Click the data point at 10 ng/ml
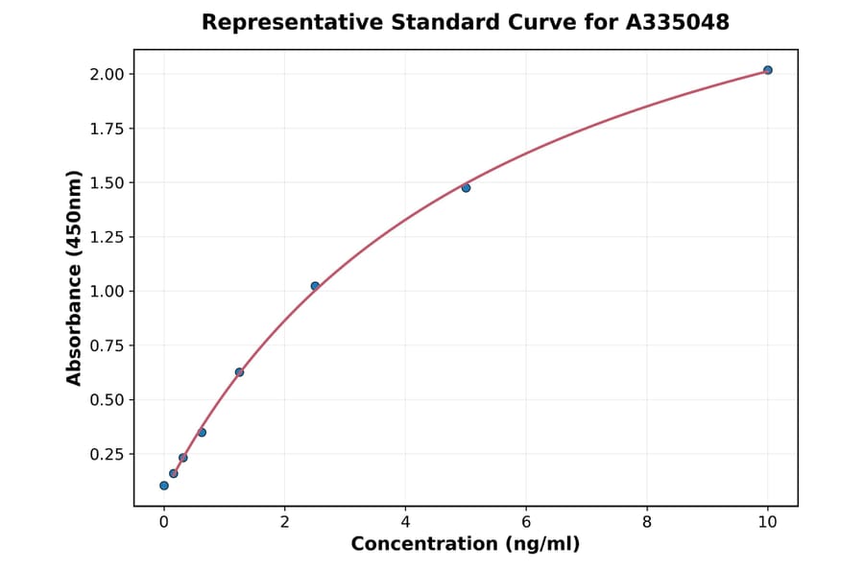(767, 70)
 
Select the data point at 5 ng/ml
(466, 188)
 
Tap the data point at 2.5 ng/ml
(315, 286)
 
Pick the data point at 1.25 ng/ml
(239, 372)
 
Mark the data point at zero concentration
(164, 486)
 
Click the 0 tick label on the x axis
(164, 522)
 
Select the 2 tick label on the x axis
(284, 522)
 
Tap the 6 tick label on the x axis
(526, 522)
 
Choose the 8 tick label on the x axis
(647, 522)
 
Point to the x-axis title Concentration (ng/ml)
(466, 544)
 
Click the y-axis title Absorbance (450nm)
(74, 278)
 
